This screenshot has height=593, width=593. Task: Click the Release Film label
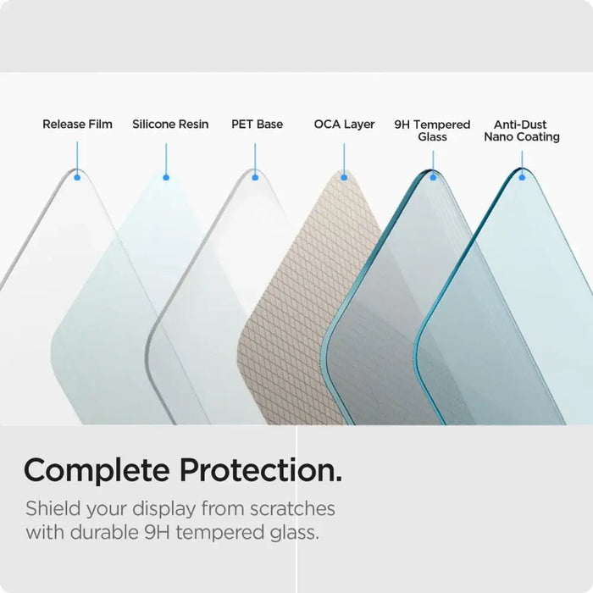[77, 125]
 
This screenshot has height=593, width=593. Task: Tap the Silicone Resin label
[170, 125]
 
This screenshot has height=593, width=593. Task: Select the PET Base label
[257, 125]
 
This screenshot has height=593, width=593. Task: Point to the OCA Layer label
[344, 125]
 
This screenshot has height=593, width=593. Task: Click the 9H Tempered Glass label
[432, 130]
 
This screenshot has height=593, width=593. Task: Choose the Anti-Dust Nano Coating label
[521, 130]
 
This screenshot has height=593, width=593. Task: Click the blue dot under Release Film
[77, 177]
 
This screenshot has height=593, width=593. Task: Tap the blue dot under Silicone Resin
[166, 177]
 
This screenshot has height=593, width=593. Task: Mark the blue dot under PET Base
[255, 177]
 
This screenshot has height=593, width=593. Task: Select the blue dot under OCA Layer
[344, 177]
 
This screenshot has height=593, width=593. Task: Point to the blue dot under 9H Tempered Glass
[433, 177]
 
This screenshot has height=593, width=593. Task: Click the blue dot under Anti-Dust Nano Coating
[522, 177]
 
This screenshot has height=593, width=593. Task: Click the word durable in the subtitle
[110, 534]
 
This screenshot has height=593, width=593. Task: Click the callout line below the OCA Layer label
[344, 158]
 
